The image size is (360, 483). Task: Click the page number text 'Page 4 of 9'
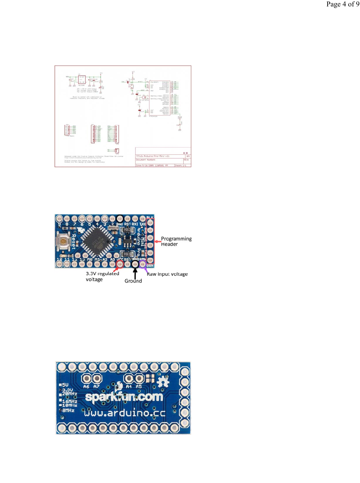click(343, 4)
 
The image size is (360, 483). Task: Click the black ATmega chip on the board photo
click(95, 242)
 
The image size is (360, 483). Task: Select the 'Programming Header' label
click(176, 241)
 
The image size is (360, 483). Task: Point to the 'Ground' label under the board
click(133, 281)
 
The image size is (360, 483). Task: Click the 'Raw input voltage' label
click(167, 274)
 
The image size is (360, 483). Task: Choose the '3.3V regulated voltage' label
click(102, 276)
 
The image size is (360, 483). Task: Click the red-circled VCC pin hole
click(120, 264)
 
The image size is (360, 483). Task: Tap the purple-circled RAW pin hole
click(142, 264)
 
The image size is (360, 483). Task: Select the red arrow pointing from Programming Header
click(157, 241)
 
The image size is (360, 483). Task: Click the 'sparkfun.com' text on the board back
click(124, 397)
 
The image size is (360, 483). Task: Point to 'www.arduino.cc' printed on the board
click(125, 413)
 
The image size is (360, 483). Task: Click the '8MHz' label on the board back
click(68, 410)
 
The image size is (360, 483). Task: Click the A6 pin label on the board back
click(87, 387)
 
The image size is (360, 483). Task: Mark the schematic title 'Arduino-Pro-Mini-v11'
click(153, 156)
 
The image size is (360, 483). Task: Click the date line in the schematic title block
click(152, 166)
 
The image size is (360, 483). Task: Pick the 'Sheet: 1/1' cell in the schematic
click(180, 166)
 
